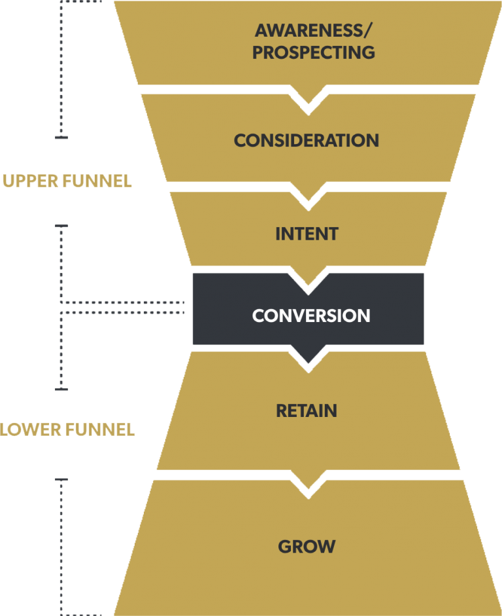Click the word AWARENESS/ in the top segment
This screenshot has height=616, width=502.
click(x=307, y=30)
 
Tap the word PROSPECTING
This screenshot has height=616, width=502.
click(x=314, y=53)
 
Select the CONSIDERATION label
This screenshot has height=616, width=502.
click(x=307, y=140)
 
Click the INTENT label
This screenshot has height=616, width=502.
click(x=307, y=234)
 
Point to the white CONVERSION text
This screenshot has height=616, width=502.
click(x=311, y=316)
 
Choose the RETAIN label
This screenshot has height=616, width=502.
click(x=307, y=411)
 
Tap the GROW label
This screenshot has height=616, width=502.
click(x=307, y=547)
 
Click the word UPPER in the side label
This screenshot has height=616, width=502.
click(x=26, y=181)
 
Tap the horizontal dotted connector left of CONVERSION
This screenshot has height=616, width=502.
click(x=124, y=308)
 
